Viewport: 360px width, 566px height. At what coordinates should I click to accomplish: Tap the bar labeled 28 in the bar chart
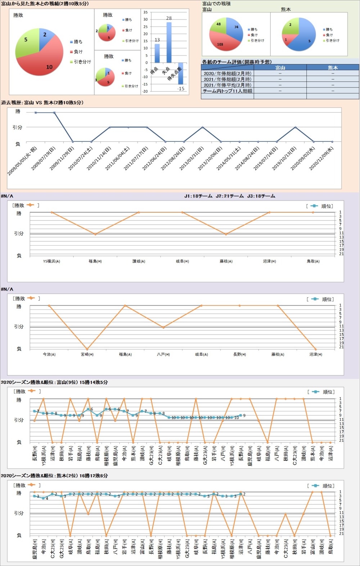pos(169,43)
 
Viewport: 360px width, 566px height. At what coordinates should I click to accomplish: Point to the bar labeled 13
pos(157,53)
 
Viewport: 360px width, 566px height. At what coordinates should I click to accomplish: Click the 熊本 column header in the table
pos(333,67)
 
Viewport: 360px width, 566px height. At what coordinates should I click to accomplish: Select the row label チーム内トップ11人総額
pos(228,91)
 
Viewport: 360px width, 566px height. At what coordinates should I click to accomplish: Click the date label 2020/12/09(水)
pos(321,158)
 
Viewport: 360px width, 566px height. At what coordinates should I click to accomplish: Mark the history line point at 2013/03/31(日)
pos(203,127)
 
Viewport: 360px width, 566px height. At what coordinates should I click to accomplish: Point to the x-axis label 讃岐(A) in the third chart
pos(139,261)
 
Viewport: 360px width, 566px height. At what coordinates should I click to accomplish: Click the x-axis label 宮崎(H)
pos(87,355)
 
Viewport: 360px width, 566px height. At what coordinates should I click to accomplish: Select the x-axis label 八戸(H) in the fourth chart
pos(163,355)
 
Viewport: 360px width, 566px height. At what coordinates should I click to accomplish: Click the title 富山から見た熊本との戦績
pos(45,4)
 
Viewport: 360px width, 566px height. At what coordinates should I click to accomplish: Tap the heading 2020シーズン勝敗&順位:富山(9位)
pos(54,382)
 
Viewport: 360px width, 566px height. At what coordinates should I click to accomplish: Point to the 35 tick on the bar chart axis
pos(145,12)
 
